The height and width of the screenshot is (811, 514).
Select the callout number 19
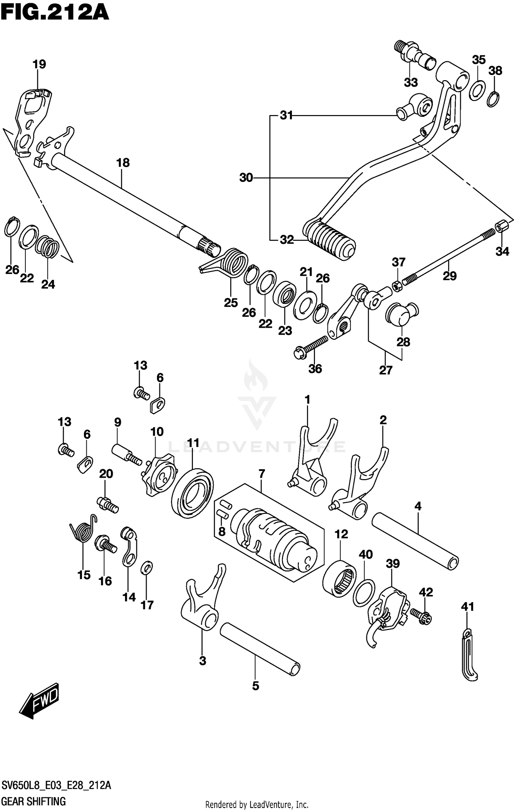(x=39, y=64)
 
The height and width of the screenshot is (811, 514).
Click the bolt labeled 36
(x=310, y=347)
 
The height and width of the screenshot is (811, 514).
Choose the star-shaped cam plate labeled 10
(x=159, y=474)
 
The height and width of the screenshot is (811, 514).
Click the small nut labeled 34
(x=501, y=226)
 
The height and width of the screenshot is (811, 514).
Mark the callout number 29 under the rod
(x=450, y=276)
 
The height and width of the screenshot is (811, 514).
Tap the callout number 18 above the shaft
(x=123, y=163)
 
